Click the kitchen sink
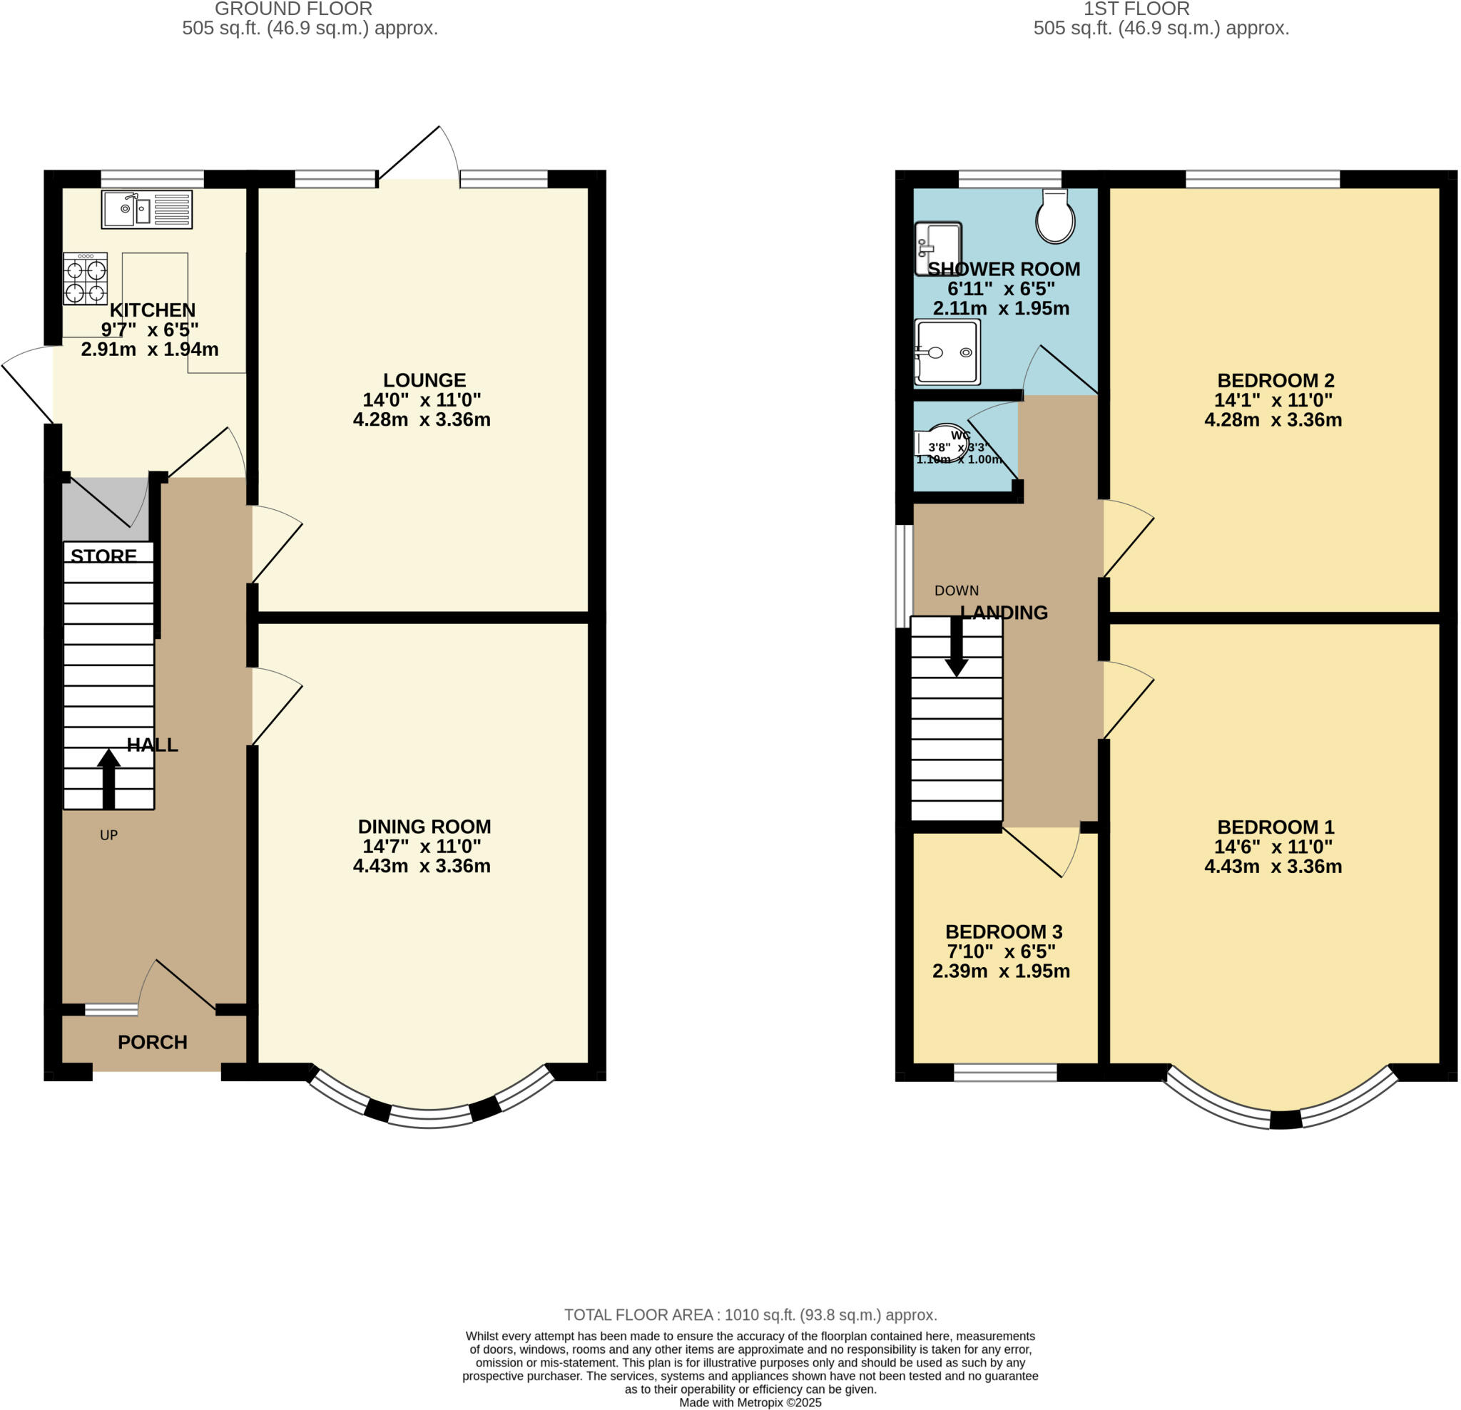[x=147, y=210]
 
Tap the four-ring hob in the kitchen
[x=85, y=279]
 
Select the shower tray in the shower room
[x=947, y=352]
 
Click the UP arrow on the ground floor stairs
[x=109, y=779]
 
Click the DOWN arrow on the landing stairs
[x=957, y=647]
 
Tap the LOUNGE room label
[x=424, y=380]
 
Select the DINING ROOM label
[x=424, y=827]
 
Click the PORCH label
[x=153, y=1042]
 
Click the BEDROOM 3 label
[x=1003, y=931]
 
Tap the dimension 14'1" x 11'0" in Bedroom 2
[x=1273, y=400]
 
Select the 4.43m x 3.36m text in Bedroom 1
[x=1273, y=866]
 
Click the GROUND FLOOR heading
[x=293, y=9]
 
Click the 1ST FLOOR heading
[x=1136, y=9]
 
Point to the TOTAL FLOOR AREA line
[x=750, y=1315]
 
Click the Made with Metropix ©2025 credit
[x=750, y=1403]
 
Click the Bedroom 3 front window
[x=1005, y=1073]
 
